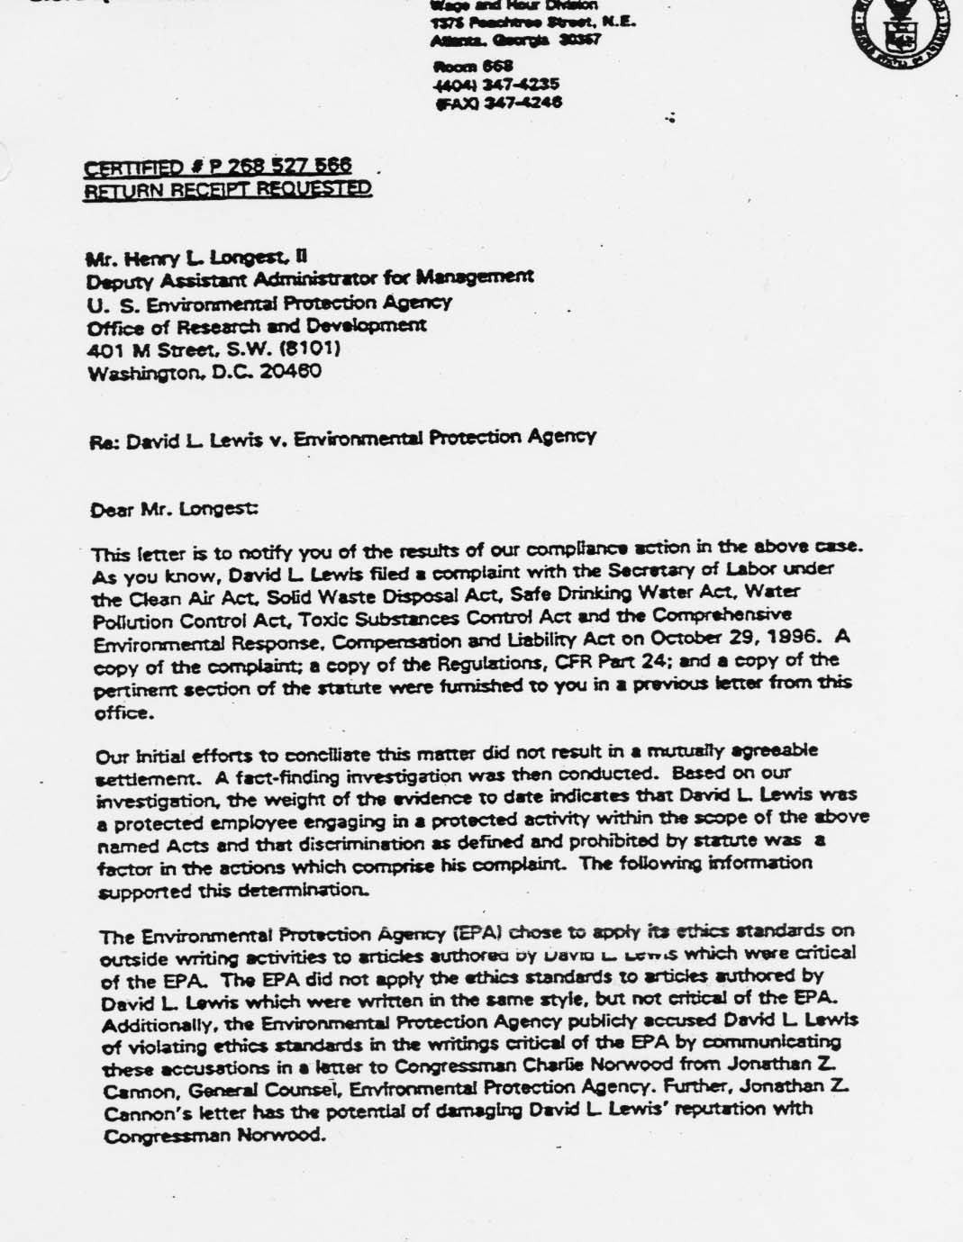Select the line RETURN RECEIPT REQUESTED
227,188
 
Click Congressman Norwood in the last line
213,1135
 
